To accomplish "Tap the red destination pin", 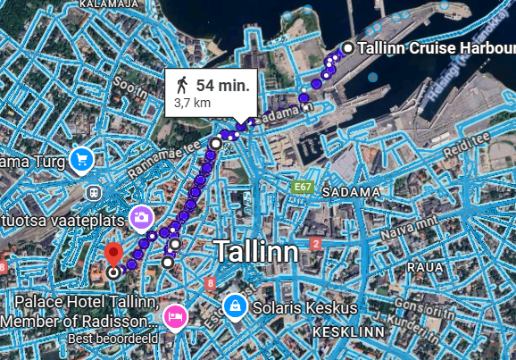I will (x=113, y=254).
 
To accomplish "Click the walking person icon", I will (x=182, y=85).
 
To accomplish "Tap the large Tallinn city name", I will (x=255, y=251).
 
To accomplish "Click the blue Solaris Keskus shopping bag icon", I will (x=235, y=306).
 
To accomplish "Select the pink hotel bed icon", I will (x=175, y=316).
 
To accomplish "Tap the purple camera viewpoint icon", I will (x=141, y=216).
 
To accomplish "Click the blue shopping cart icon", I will (x=82, y=160).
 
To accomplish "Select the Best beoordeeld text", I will (x=112, y=339).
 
